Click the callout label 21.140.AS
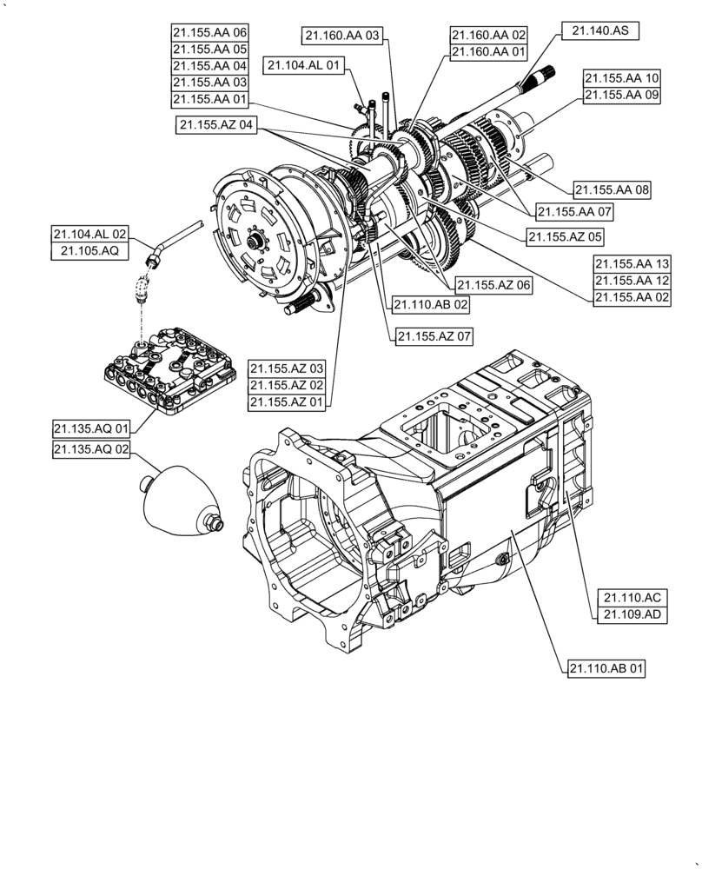coord(600,30)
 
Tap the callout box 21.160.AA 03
coord(343,36)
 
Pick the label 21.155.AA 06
coord(209,32)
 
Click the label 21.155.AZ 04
coord(217,125)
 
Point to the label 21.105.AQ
coord(89,252)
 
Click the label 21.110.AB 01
coord(607,668)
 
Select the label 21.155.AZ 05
coord(565,235)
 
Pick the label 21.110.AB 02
coord(431,305)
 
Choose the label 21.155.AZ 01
coord(286,402)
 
